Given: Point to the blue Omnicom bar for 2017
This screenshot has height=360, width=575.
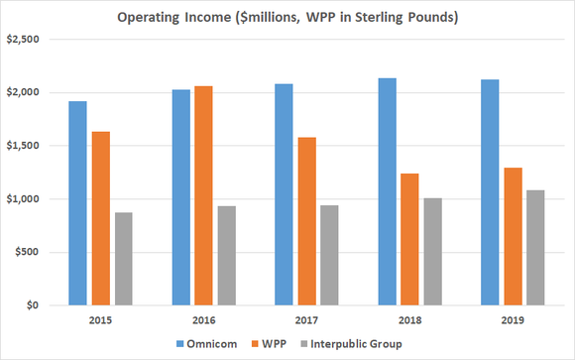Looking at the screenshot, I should tap(284, 194).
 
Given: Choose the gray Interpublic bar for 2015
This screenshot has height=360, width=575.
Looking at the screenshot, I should tap(124, 259).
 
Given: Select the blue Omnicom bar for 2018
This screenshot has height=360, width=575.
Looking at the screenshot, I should tap(387, 191).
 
